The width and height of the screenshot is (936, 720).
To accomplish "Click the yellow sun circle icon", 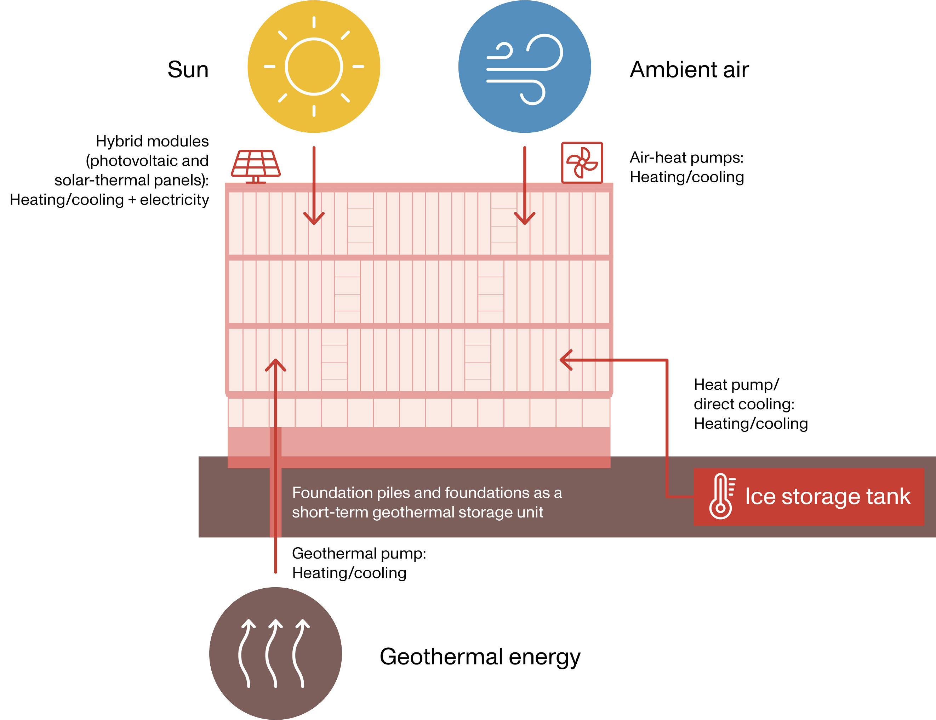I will pyautogui.click(x=314, y=67).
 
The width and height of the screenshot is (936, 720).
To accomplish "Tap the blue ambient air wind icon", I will pyautogui.click(x=525, y=67).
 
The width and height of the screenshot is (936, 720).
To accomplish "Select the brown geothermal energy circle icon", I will pyautogui.click(x=275, y=653).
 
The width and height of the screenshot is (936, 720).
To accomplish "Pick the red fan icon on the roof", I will pyautogui.click(x=582, y=162).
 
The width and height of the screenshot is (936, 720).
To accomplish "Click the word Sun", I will pyautogui.click(x=188, y=69).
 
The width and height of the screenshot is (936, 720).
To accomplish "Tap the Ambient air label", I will pyautogui.click(x=689, y=69).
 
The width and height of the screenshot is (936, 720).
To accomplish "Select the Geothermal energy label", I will pyautogui.click(x=480, y=657).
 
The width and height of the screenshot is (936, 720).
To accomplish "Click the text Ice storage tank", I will pyautogui.click(x=828, y=496).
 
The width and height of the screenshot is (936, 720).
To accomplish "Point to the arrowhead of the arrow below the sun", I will pyautogui.click(x=314, y=219).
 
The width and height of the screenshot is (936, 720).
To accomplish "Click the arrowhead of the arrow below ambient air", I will pyautogui.click(x=525, y=219).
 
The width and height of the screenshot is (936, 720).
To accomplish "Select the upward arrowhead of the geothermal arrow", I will pyautogui.click(x=275, y=364).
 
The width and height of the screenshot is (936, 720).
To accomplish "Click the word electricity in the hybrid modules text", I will pyautogui.click(x=174, y=200).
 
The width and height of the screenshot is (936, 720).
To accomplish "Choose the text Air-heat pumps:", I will pyautogui.click(x=686, y=158).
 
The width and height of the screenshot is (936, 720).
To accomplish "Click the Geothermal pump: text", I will pyautogui.click(x=359, y=553).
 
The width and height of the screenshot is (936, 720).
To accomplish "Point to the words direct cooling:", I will pyautogui.click(x=744, y=404).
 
